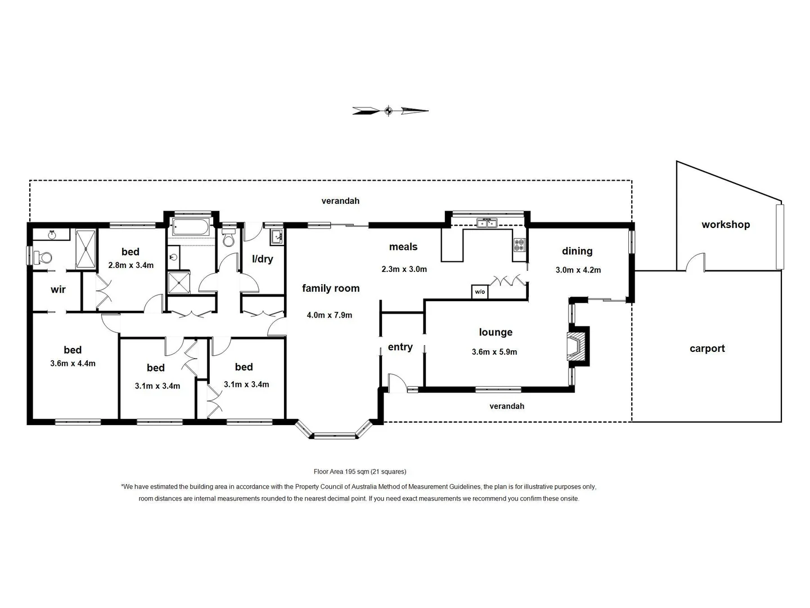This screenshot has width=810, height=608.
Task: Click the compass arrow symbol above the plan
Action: pos(390,111)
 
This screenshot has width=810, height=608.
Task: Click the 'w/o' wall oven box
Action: pos(479,292)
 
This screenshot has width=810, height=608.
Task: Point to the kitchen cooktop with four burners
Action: pos(519,245)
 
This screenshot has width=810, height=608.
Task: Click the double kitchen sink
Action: pos(486,223)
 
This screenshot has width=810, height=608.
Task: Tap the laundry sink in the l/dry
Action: pos(276,237)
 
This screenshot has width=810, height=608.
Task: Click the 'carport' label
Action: pos(707,348)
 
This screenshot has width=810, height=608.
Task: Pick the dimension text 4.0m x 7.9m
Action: pos(329,315)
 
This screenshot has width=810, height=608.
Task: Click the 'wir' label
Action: pos(58,289)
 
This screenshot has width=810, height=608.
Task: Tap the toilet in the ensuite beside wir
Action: pos(43,258)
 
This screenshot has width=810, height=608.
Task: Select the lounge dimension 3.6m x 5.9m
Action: pos(494,352)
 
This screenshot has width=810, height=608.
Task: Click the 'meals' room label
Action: pos(403,247)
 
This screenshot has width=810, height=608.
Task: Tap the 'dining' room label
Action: pos(577,251)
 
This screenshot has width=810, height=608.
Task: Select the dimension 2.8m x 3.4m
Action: pos(130,265)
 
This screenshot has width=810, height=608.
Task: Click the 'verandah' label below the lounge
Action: pos(507,406)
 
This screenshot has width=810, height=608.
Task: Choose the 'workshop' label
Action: pos(725,225)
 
